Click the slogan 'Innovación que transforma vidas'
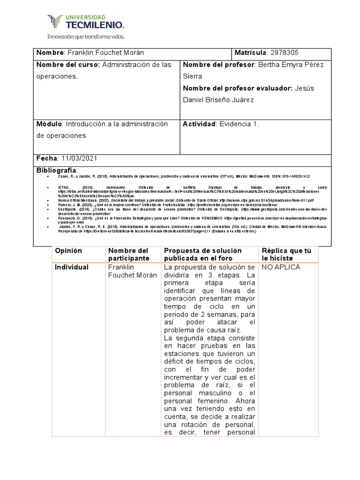pyautogui.click(x=85, y=36)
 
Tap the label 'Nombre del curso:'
pyautogui.click(x=68, y=65)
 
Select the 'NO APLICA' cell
pyautogui.click(x=281, y=267)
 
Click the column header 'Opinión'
pyautogui.click(x=68, y=251)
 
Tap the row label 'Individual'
pyautogui.click(x=72, y=267)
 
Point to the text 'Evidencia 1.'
pyautogui.click(x=239, y=124)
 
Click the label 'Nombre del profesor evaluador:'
pyautogui.click(x=237, y=88)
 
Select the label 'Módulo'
pyautogui.click(x=49, y=124)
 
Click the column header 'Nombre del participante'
pyautogui.click(x=128, y=255)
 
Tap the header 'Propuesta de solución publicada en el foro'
pyautogui.click(x=202, y=255)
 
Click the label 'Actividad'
pyautogui.click(x=199, y=124)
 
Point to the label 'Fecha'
pyautogui.click(x=46, y=158)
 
